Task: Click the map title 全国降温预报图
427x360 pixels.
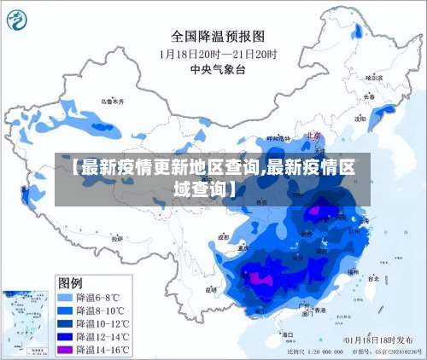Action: point(219,36)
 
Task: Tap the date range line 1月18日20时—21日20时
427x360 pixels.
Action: point(219,53)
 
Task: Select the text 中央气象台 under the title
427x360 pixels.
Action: point(219,69)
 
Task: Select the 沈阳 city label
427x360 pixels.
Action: point(360,119)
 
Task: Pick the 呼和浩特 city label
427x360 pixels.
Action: point(278,137)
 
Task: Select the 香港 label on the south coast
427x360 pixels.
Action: point(319,311)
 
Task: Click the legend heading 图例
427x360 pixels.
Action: point(70,282)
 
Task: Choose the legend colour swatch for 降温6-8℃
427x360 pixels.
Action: point(64,298)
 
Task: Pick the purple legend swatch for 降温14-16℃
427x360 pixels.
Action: point(64,350)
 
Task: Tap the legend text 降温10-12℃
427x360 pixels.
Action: point(102,324)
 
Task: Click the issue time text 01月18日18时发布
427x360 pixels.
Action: point(375,340)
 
